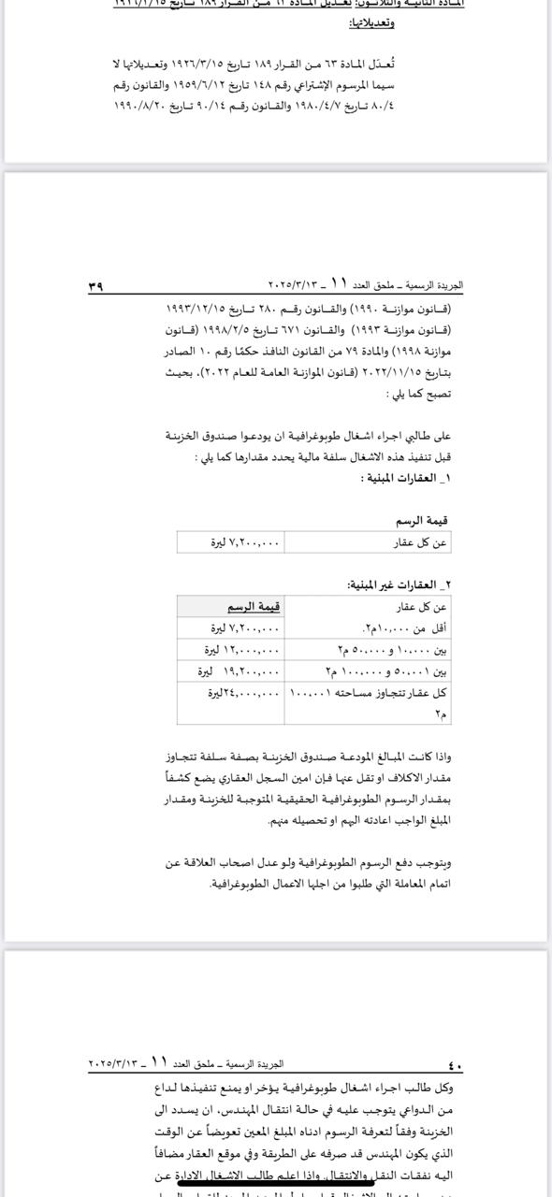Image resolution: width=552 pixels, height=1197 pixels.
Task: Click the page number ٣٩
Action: [95, 286]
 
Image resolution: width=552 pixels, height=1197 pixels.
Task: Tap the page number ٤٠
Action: [456, 1065]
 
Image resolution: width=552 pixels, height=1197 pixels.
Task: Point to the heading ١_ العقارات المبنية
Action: [406, 478]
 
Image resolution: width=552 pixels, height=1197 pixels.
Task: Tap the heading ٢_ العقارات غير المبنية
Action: [399, 584]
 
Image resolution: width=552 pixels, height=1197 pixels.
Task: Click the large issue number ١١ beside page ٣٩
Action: [339, 282]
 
